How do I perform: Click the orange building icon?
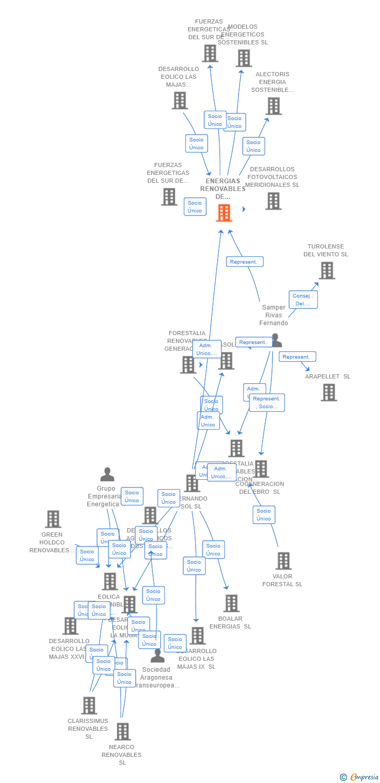(x=224, y=212)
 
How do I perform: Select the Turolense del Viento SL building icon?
(x=327, y=270)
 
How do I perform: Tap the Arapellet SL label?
(x=328, y=376)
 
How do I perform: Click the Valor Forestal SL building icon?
(x=283, y=561)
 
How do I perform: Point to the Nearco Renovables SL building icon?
(x=122, y=731)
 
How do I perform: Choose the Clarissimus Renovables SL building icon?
(x=89, y=705)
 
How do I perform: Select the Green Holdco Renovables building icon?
(x=53, y=519)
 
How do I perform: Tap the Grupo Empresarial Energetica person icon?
(x=107, y=474)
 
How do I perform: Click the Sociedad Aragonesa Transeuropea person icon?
(x=157, y=656)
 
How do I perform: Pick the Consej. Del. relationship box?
(x=303, y=300)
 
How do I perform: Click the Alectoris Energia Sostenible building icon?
(x=273, y=106)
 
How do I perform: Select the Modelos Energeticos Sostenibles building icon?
(x=244, y=58)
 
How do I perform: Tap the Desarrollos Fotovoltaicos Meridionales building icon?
(x=273, y=201)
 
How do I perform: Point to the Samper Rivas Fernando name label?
(x=274, y=315)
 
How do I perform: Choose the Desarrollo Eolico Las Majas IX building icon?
(x=197, y=635)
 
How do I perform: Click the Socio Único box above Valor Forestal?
(x=264, y=515)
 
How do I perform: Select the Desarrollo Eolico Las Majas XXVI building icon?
(x=70, y=625)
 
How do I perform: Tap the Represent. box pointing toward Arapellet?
(x=297, y=357)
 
